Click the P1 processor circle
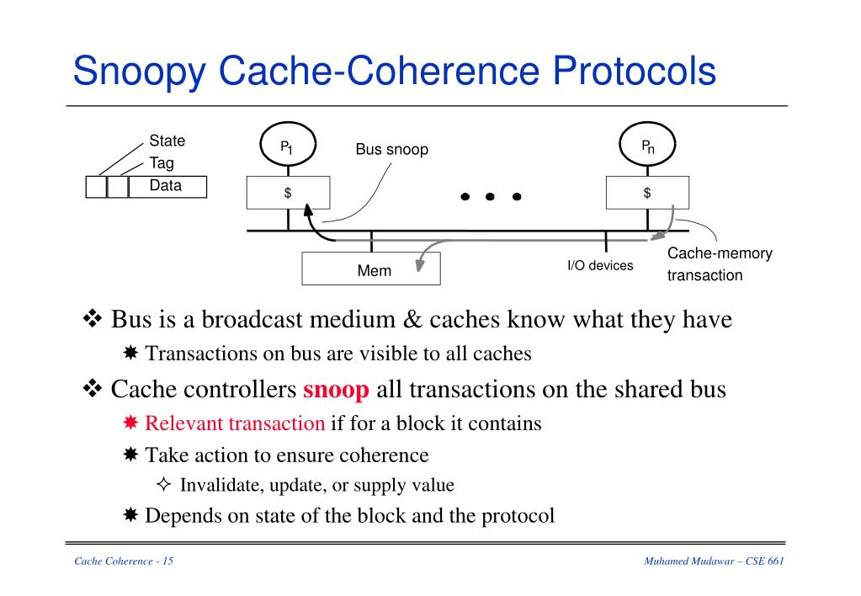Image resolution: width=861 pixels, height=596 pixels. point(288,147)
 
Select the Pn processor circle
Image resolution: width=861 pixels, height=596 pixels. point(647,147)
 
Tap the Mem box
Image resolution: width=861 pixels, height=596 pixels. point(371,270)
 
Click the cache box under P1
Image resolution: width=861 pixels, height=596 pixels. point(288,193)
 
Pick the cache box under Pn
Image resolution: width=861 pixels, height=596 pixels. point(647,193)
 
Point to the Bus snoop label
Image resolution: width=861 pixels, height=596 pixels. point(391,150)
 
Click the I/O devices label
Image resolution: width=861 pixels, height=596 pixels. point(600,266)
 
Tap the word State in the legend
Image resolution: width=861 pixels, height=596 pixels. point(167,141)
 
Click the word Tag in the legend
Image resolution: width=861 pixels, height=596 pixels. point(162,162)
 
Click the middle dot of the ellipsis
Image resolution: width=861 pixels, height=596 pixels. point(491,197)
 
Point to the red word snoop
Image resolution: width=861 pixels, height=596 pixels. point(336,391)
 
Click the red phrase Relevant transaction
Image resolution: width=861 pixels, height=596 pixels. point(235,423)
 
